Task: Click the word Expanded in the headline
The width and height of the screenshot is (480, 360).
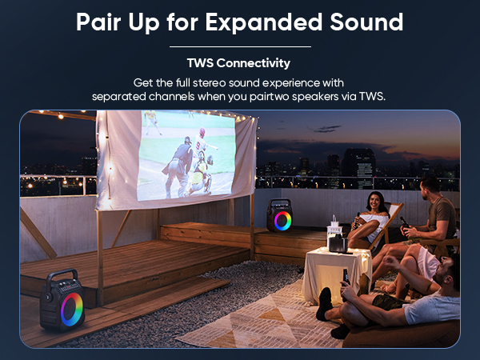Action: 263,22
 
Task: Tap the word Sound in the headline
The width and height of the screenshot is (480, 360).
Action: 366,22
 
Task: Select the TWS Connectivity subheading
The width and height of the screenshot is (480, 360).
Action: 238,63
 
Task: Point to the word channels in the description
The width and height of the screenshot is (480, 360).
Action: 171,97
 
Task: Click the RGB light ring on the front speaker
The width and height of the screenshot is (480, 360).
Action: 72,309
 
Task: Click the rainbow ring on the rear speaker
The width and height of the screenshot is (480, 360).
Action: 282,221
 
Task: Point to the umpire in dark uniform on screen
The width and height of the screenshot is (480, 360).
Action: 178,167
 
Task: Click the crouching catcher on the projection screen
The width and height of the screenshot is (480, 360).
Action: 201,175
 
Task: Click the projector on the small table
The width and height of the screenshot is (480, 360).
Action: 338,244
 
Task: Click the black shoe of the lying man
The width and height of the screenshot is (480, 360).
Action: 324,304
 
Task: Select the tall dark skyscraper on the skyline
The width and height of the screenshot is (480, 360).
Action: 358,167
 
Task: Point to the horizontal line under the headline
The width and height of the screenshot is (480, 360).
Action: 240,47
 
